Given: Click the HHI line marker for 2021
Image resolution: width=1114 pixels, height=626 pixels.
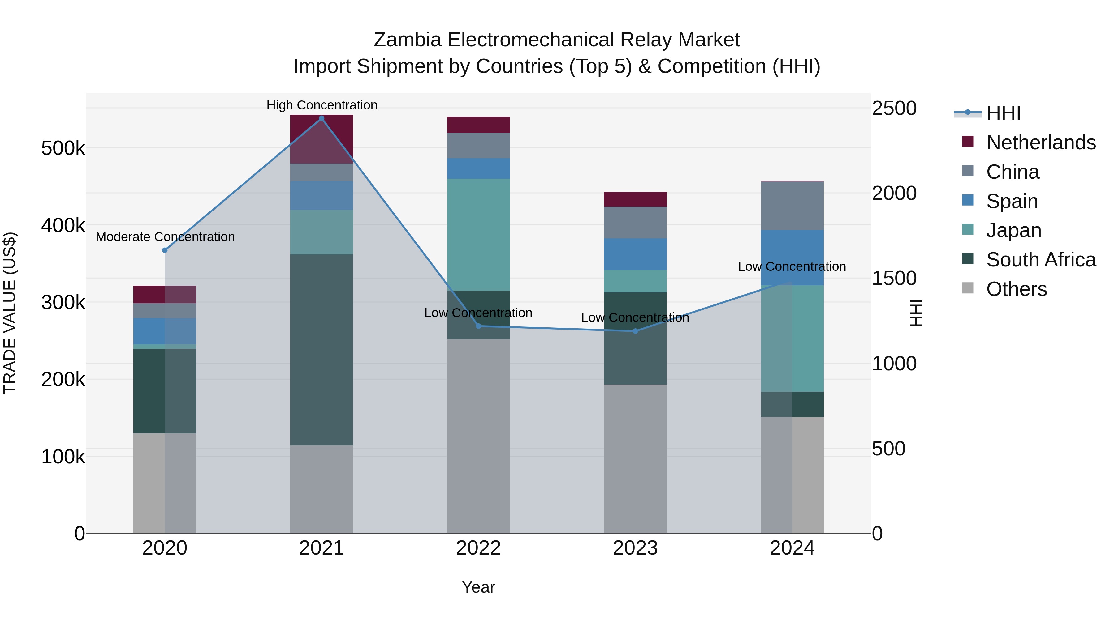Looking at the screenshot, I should point(321,118).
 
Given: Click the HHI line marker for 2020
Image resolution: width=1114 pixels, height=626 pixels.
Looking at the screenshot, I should point(165,250).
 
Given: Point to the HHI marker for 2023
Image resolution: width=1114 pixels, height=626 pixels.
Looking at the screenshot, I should point(635,331).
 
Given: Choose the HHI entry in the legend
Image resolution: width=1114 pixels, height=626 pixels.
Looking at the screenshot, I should point(1003,113).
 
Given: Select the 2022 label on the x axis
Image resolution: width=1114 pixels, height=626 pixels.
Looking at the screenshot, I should point(478,548).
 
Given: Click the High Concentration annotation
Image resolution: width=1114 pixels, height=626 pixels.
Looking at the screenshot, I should point(322,105).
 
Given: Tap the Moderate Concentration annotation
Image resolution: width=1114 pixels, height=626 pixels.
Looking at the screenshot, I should point(165,237).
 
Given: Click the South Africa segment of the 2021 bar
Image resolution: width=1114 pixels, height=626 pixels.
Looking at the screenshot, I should point(321,350).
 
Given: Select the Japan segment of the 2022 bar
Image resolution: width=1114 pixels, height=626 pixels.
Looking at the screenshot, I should point(478,235).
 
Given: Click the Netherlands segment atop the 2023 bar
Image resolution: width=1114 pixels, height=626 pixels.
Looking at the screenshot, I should point(635,199).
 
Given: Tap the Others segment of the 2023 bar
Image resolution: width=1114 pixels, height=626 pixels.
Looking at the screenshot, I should point(635,458).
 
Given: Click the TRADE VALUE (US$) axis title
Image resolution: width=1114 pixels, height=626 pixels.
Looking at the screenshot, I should point(10,313).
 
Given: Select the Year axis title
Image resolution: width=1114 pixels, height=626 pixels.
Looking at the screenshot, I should point(478,587).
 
